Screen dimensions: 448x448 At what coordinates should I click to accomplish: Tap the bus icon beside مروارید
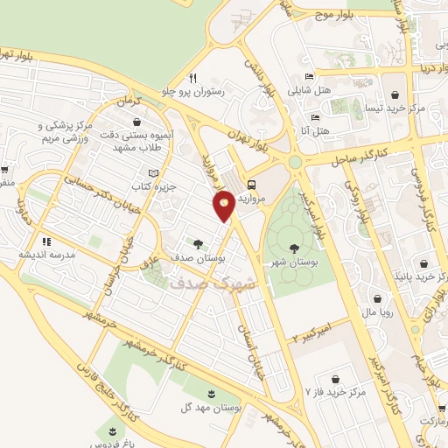pyautogui.click(x=252, y=185)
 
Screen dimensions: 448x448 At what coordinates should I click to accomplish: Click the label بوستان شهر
pyautogui.click(x=294, y=262)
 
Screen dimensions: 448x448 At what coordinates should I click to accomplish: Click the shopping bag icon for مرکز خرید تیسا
pyautogui.click(x=395, y=94)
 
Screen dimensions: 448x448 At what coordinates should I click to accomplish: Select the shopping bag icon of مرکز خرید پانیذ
pyautogui.click(x=424, y=263)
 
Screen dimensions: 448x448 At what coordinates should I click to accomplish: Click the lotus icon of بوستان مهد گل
pyautogui.click(x=210, y=389)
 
